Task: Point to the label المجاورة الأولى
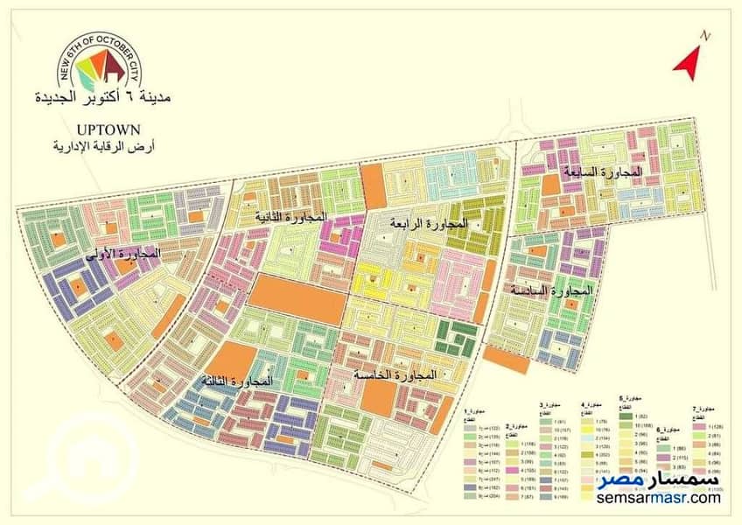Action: [x=126, y=254]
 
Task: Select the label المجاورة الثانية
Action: [x=291, y=215]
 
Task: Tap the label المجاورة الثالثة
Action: [x=236, y=381]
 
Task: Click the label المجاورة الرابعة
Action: [x=429, y=224]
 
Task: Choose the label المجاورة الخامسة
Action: [x=394, y=374]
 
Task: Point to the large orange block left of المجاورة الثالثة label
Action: [x=230, y=360]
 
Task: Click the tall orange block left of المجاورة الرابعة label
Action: [x=372, y=186]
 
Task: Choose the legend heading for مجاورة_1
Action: [x=469, y=410]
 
